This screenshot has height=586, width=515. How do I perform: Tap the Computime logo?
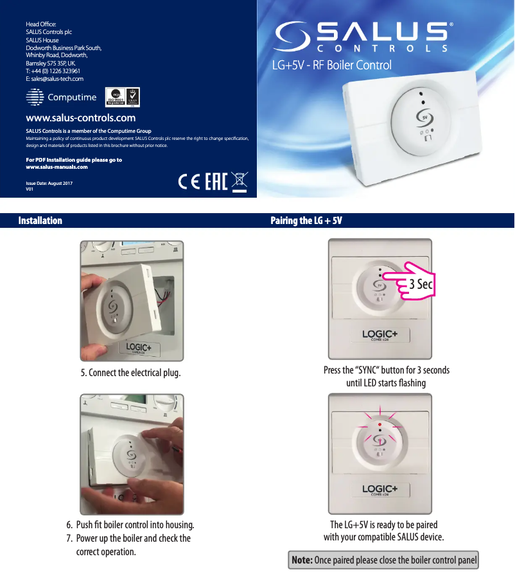coord(61,98)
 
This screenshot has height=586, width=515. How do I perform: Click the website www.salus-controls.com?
coord(80,118)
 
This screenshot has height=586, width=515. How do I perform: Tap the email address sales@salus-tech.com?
coord(55,78)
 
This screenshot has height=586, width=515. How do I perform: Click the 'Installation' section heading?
coord(40,221)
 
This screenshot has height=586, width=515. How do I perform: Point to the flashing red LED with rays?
coord(380,425)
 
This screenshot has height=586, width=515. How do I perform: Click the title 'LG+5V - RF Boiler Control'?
coord(331,65)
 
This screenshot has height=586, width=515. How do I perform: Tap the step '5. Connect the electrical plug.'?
coord(130,373)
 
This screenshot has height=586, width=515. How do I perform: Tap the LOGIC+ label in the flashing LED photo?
coord(380,490)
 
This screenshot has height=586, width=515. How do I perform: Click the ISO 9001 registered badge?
coord(114,98)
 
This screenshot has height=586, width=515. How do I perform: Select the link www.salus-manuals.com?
coord(57,167)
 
